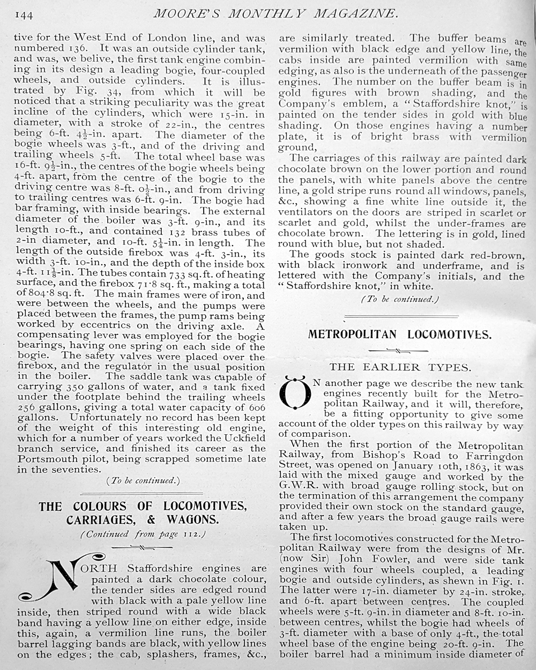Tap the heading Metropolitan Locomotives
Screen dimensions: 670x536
point(399,334)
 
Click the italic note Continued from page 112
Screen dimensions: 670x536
point(143,534)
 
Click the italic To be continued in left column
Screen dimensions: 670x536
point(143,480)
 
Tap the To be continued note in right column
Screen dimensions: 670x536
point(400,299)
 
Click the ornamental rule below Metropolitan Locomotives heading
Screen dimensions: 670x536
point(400,351)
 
